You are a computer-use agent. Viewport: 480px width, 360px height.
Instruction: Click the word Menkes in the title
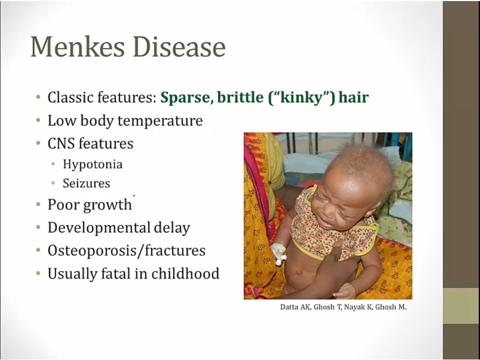pyautogui.click(x=78, y=47)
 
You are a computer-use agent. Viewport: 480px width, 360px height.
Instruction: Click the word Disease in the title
pyautogui.click(x=179, y=47)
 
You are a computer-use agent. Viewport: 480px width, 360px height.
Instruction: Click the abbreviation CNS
pyautogui.click(x=61, y=143)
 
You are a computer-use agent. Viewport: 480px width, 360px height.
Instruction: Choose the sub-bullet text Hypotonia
pyautogui.click(x=93, y=164)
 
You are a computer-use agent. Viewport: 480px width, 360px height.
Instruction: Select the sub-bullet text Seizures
pyautogui.click(x=86, y=183)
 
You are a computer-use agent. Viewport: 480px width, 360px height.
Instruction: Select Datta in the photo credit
pyautogui.click(x=289, y=307)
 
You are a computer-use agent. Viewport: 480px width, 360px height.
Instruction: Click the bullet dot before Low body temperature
pyautogui.click(x=38, y=121)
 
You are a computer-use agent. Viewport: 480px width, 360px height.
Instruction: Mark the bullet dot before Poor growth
pyautogui.click(x=38, y=204)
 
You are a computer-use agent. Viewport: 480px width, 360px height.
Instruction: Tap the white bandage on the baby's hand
pyautogui.click(x=278, y=253)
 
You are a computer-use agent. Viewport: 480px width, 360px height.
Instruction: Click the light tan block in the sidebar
pyautogui.click(x=461, y=306)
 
